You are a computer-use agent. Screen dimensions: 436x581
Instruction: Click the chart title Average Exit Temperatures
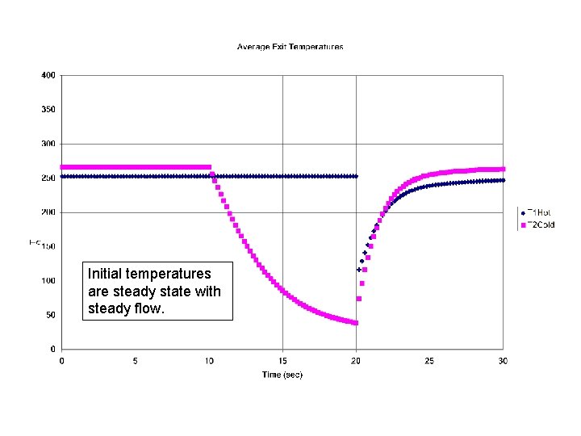[290, 47]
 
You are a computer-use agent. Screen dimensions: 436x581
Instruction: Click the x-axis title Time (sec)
[282, 375]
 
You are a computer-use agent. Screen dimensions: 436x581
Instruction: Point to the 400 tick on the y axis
[48, 75]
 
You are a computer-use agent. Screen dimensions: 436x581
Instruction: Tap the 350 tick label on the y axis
[48, 110]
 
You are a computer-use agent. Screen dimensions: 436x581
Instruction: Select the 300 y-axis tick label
[48, 144]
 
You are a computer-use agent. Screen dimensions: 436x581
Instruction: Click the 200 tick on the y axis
[48, 212]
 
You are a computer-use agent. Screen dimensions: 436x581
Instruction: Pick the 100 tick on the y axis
[48, 281]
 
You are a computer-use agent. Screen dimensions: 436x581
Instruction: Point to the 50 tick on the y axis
[50, 315]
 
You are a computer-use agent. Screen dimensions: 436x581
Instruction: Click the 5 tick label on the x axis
[135, 361]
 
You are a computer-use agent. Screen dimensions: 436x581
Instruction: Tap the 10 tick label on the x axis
[208, 361]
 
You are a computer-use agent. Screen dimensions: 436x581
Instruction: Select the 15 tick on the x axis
[282, 361]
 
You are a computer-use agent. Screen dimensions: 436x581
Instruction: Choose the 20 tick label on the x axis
[356, 361]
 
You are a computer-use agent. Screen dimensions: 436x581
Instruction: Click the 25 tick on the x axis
[429, 361]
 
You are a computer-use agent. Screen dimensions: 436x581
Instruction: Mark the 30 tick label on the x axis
[503, 361]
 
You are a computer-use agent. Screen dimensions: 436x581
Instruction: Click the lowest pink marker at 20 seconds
[356, 323]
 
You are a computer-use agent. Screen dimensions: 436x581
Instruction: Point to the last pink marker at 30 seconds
[503, 170]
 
